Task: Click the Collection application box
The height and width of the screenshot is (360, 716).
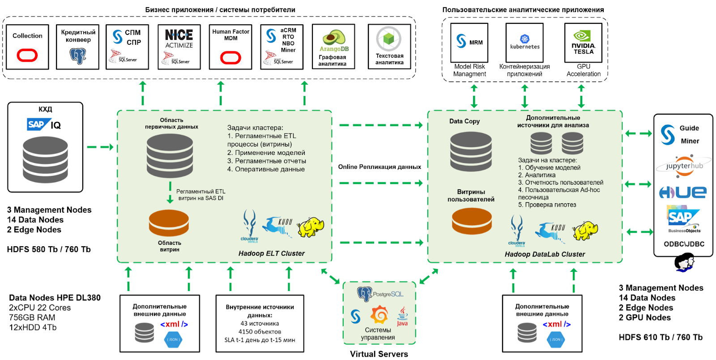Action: point(27,47)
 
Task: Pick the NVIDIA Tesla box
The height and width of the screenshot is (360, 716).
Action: point(583,43)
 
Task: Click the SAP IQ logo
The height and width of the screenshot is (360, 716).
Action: point(44,125)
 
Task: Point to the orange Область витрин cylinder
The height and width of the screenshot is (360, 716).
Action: point(169,223)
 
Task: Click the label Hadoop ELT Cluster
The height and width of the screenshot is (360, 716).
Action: point(271,253)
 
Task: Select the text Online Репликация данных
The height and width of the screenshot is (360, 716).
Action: point(379,167)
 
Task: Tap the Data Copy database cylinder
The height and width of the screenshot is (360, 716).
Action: point(471,152)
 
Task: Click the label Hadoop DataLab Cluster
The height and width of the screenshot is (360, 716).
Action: point(545,254)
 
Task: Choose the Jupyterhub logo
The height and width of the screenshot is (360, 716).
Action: point(684,165)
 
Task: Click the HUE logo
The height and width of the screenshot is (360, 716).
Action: point(683,193)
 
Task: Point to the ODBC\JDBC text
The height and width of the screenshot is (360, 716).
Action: point(684,244)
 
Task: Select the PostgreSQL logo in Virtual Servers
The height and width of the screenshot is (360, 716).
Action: point(380,294)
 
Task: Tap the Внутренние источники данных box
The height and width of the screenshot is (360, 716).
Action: point(260,323)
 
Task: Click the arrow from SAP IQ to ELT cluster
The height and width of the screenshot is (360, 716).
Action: point(100,147)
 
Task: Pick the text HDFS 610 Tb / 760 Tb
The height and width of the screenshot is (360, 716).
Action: point(661,337)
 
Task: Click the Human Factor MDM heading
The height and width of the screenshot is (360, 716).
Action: point(230,35)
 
